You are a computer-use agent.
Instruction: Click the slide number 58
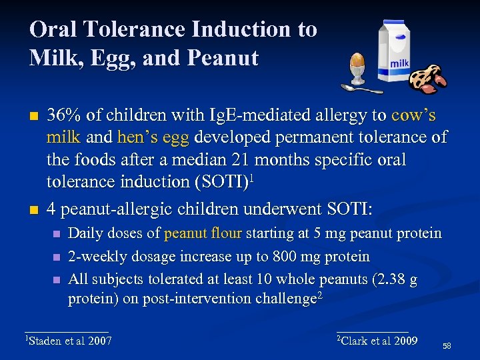pos(446,346)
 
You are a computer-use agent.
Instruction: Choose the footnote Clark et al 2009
pos(378,341)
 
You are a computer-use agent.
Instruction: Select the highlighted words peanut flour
pos(205,233)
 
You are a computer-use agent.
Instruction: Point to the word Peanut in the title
pos(223,59)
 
